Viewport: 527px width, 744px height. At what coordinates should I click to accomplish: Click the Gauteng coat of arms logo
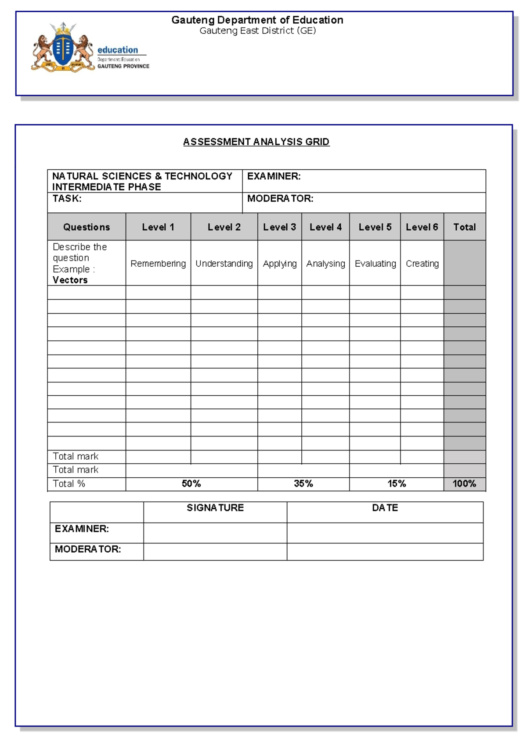coord(63,47)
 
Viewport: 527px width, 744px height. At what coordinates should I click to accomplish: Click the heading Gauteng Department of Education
coord(257,20)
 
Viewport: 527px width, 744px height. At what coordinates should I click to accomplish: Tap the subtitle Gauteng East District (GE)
coord(257,31)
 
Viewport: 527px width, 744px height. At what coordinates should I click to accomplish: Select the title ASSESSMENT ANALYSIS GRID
coord(256,142)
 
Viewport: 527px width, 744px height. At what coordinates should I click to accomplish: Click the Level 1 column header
coord(158,227)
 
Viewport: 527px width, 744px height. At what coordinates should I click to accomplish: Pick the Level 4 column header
coord(325,227)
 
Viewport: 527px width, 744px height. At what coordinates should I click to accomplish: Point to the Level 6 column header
coord(422,227)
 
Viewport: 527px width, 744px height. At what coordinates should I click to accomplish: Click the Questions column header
coord(87,227)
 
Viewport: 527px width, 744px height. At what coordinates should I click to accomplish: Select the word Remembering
coord(158,264)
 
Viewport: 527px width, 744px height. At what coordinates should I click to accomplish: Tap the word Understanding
coord(224,264)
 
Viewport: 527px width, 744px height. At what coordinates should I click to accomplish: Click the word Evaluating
coord(375,264)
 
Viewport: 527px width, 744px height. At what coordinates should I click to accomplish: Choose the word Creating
coord(422,264)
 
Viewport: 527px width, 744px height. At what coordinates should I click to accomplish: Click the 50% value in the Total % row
coord(191,484)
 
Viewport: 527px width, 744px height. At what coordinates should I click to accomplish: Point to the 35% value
coord(303,484)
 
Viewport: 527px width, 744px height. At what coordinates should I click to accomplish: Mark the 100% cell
coord(464,484)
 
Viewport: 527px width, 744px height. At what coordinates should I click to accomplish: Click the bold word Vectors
coord(70,280)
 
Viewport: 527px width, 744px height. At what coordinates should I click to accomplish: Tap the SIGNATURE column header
coord(215,508)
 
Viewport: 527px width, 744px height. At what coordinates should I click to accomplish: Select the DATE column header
coord(385,508)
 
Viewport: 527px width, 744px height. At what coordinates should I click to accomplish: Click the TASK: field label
coord(67,199)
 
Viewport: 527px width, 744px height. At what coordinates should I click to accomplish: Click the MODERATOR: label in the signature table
coord(88,549)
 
